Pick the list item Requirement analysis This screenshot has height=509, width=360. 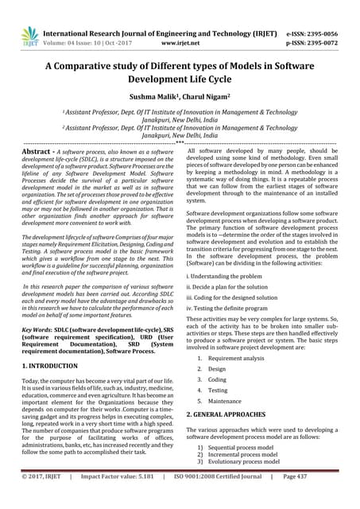(236, 358)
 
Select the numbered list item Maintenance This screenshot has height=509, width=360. (228, 401)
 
